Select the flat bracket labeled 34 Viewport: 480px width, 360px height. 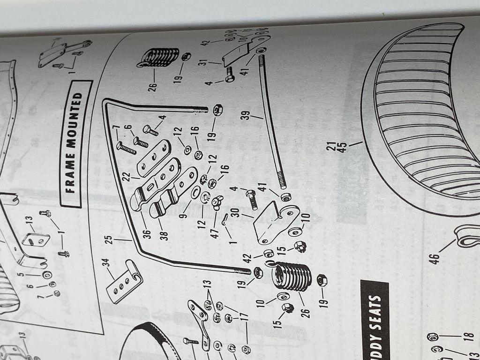point(123,282)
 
